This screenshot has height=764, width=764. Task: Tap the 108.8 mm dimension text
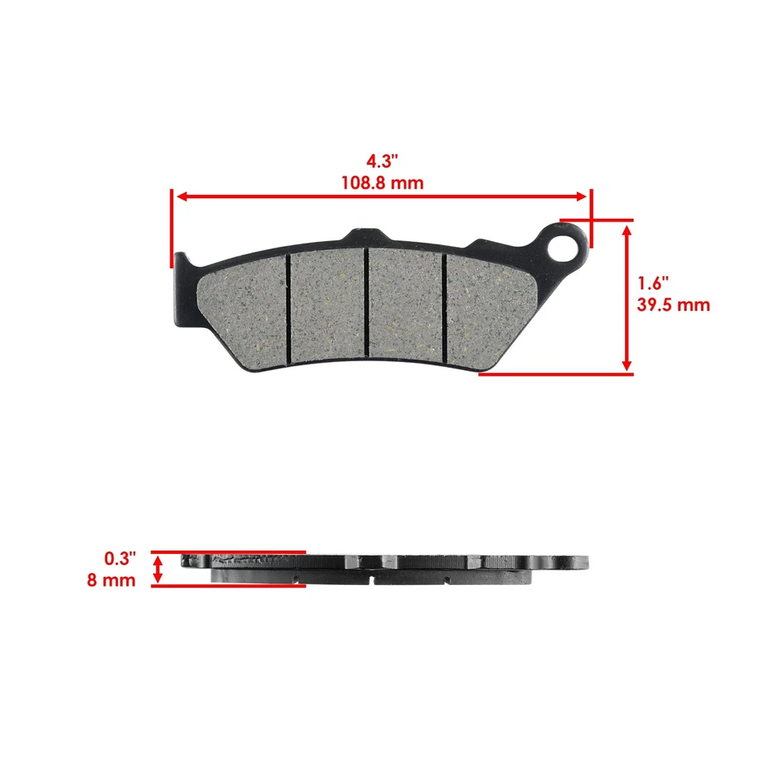coord(381,183)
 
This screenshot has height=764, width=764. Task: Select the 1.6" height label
coord(653,283)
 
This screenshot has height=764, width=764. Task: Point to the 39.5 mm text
coord(673,305)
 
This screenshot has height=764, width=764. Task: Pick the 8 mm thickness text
coord(111,580)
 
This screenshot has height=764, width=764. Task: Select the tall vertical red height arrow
coord(627,297)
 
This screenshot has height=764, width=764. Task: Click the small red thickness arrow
coord(158,568)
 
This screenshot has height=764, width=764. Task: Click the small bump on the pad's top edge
coord(362,236)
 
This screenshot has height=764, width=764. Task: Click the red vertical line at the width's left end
coord(171,228)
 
